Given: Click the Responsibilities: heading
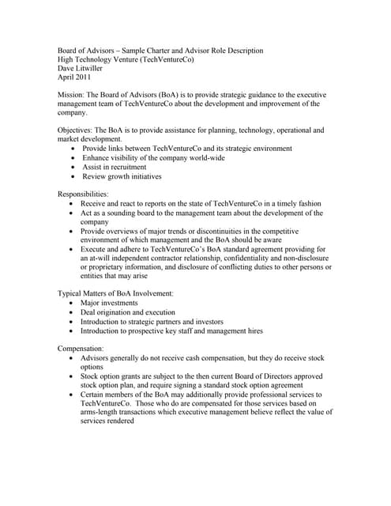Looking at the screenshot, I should (x=83, y=194).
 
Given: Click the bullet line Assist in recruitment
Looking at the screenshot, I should (x=114, y=168).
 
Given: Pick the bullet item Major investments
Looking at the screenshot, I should (x=113, y=303).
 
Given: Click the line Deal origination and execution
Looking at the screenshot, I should (x=128, y=312).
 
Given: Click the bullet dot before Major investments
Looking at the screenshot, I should (x=73, y=303).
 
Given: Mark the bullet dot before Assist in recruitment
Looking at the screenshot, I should (x=73, y=168).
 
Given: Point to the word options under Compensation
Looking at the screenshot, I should (x=92, y=367).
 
